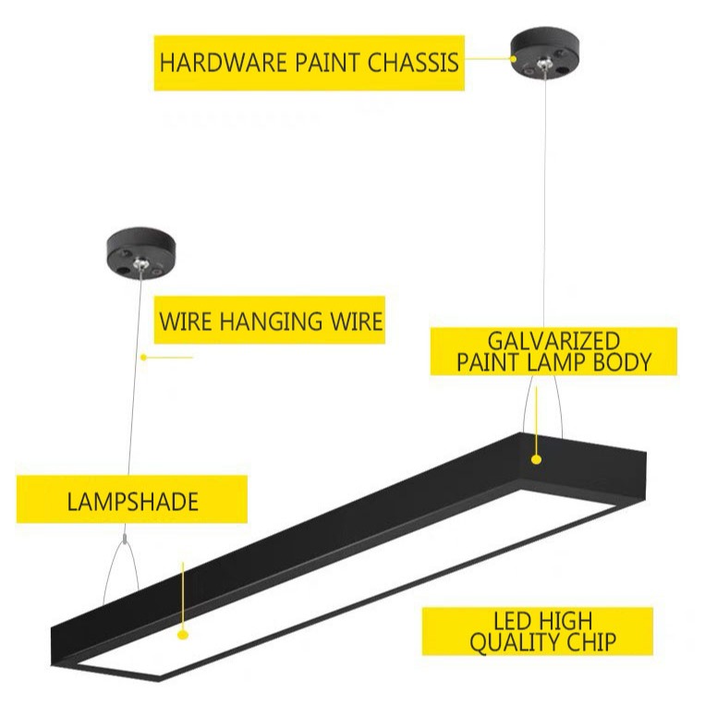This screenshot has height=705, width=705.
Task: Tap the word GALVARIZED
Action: pos(553,340)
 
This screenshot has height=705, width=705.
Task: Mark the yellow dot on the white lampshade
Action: pos(183,635)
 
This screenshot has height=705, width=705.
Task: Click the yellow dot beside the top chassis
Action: pos(515,57)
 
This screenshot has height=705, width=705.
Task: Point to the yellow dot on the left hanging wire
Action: pos(143,357)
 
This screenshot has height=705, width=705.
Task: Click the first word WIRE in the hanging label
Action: pos(188,322)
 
